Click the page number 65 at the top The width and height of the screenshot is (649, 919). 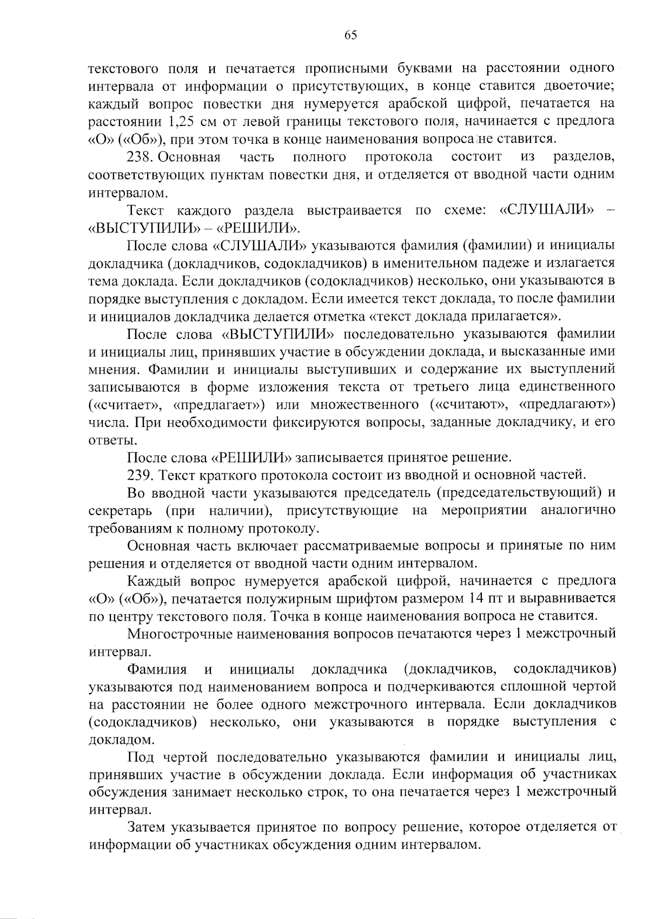click(x=350, y=35)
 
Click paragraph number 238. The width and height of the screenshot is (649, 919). click(x=140, y=157)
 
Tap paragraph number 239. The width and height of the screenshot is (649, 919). click(x=140, y=475)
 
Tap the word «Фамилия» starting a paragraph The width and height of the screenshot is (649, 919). click(x=156, y=669)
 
